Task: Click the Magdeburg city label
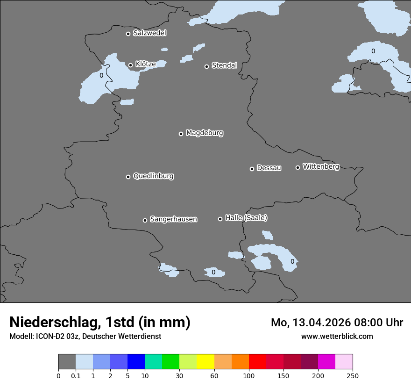click(205, 133)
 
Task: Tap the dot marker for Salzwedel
click(128, 34)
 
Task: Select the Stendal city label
click(224, 65)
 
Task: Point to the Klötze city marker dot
click(130, 65)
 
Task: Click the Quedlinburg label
click(153, 176)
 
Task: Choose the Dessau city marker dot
click(252, 169)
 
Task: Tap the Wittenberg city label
click(321, 167)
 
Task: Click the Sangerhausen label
click(173, 219)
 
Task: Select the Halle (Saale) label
click(246, 218)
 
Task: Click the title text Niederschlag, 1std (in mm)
click(100, 322)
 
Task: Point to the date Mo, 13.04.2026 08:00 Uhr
click(337, 323)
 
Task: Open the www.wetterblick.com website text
click(337, 336)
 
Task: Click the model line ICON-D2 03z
click(85, 336)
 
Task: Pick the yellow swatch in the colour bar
click(205, 362)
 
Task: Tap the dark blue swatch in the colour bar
click(136, 362)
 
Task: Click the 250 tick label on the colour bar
click(353, 375)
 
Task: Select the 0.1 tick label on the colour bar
click(76, 375)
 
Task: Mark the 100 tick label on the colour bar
click(249, 375)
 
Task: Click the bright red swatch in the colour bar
click(257, 362)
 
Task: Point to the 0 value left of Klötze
click(101, 75)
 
